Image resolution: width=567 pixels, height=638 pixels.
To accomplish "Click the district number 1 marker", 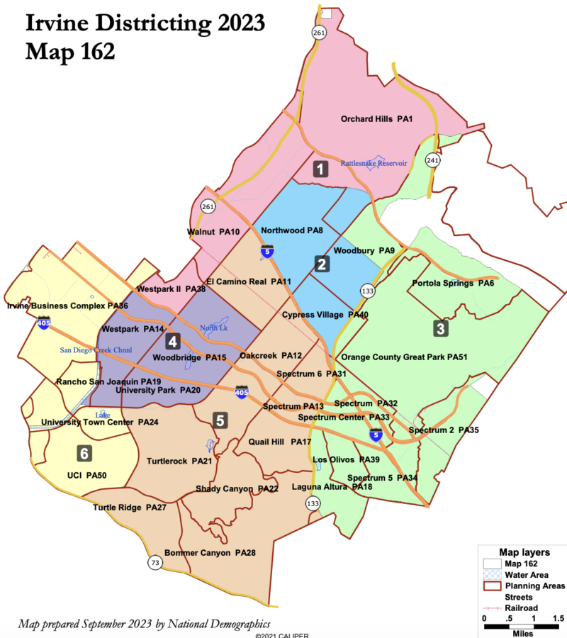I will pos(321,169).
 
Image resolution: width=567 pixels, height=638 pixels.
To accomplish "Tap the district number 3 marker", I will pos(440,329).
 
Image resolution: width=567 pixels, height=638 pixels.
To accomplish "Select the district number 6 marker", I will pos(84,452).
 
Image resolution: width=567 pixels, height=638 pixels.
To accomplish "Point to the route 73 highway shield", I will pos(155,562).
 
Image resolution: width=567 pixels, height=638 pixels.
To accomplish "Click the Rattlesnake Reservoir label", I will pos(374,163).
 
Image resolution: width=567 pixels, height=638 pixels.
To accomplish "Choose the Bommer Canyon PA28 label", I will pos(210,552).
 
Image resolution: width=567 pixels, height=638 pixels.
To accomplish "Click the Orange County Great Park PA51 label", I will pos(405,357).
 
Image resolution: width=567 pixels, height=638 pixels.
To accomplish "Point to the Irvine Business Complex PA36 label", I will pos(67,306).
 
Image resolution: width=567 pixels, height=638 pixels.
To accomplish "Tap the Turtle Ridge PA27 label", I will pos(129,508).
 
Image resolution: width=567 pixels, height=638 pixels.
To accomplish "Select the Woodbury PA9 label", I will pos(364,250).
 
